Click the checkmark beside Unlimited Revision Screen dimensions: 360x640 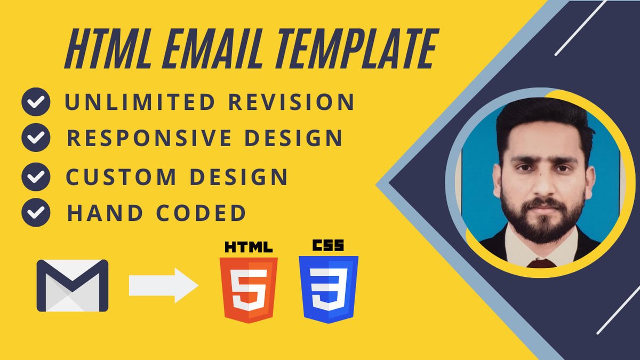coord(36,102)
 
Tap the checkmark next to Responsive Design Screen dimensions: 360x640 coord(36,138)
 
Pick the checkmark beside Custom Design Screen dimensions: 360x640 coord(36,177)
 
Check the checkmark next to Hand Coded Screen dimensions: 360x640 coord(36,213)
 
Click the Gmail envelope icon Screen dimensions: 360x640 coord(73,285)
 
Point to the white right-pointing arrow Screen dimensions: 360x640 coord(163,285)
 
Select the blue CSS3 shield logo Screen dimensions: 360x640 coord(329,289)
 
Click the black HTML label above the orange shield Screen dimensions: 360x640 coord(249,247)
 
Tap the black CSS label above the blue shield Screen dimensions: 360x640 coord(328,246)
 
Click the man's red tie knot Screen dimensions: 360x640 coord(541,263)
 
